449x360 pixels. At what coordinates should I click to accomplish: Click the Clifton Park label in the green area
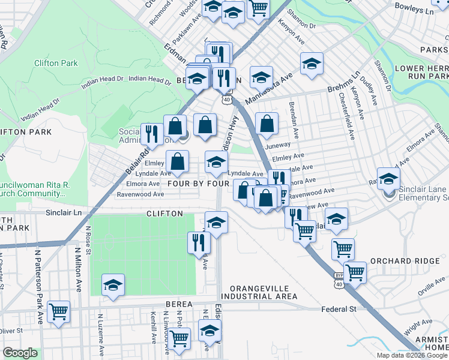[x=56, y=62]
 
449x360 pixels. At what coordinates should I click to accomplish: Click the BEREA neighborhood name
[x=176, y=305]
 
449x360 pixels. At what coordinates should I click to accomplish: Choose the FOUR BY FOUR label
[x=199, y=183]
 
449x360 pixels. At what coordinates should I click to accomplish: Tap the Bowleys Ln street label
[x=414, y=11]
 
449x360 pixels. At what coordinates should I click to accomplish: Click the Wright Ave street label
[x=418, y=328]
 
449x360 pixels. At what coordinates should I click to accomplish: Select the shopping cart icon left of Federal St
[x=58, y=311]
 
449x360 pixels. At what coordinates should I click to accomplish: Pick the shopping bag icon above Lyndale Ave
[x=178, y=161]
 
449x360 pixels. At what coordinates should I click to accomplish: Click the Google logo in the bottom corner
[x=19, y=353]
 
